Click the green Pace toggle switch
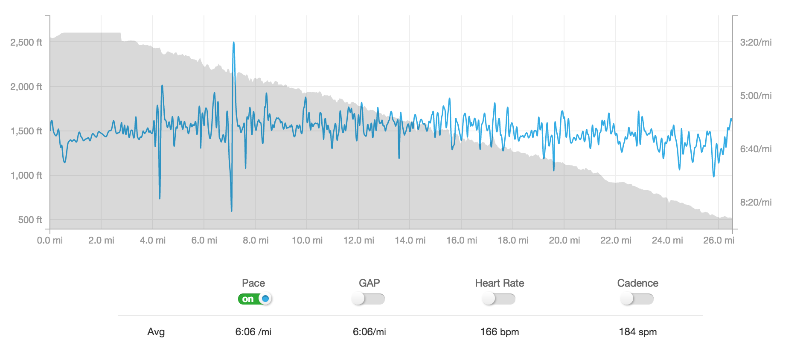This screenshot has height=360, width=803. (x=255, y=299)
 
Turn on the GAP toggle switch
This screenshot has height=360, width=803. (x=369, y=299)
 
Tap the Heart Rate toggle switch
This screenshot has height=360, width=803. (x=499, y=299)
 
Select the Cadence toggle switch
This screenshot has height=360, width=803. (x=637, y=299)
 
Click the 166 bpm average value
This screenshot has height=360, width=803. (x=499, y=332)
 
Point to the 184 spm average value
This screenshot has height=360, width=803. (x=637, y=332)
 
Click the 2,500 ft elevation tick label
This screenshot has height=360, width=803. (x=26, y=42)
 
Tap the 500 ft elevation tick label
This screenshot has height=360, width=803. (x=30, y=220)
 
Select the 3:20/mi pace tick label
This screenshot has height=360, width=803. (x=756, y=42)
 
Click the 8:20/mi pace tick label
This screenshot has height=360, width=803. (x=756, y=202)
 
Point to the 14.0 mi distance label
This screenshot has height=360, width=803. (x=410, y=241)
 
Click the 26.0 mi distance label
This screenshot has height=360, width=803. (x=719, y=241)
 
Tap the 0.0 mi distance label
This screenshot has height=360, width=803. (x=50, y=241)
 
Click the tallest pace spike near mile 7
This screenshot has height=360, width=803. (x=234, y=43)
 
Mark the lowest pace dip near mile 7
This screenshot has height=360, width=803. (x=231, y=210)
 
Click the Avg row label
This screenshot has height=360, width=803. (x=156, y=332)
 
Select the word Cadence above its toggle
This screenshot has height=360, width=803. (x=637, y=283)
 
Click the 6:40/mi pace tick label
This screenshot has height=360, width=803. (x=756, y=149)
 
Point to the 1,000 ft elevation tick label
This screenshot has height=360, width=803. (x=26, y=175)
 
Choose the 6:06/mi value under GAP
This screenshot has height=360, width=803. (x=369, y=332)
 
